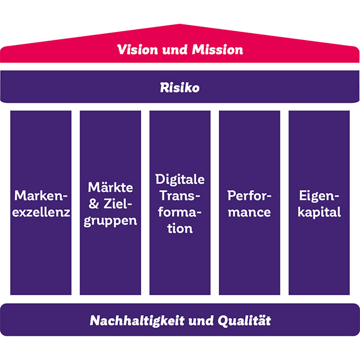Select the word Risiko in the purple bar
pos(179,88)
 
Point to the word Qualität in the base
pos(246,321)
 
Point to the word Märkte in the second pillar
pos(111,187)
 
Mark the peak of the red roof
pos(180,25)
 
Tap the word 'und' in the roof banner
pos(175,49)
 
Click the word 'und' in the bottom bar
pos(205,321)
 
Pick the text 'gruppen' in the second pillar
pos(111,220)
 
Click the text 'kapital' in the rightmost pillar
pos(319,212)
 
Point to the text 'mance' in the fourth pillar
pos(249,212)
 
